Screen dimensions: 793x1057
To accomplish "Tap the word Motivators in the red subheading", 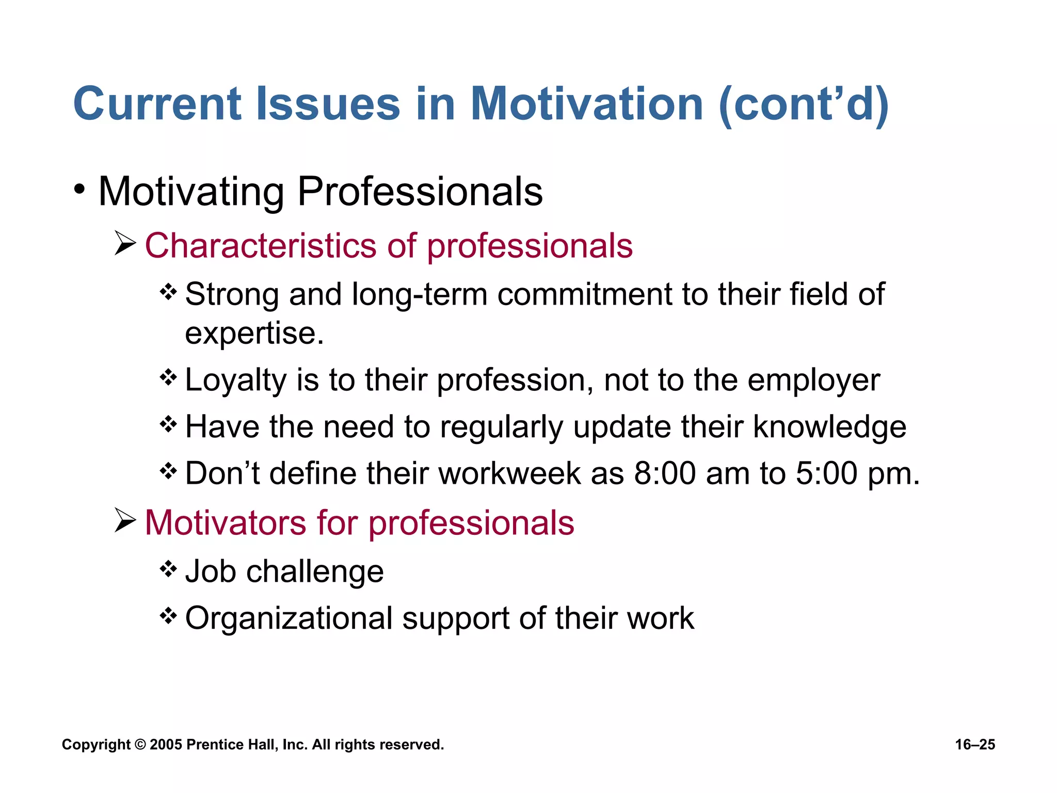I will click(226, 522).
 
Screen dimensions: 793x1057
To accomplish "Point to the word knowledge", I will click(829, 427).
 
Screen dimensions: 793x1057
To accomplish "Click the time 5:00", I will click(826, 473).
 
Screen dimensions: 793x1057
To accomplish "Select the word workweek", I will click(509, 473).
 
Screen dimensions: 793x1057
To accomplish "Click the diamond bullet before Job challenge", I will click(168, 569).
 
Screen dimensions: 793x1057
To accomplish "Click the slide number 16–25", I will click(975, 744).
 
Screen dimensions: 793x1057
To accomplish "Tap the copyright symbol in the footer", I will click(140, 744).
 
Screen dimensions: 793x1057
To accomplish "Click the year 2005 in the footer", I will click(166, 744).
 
